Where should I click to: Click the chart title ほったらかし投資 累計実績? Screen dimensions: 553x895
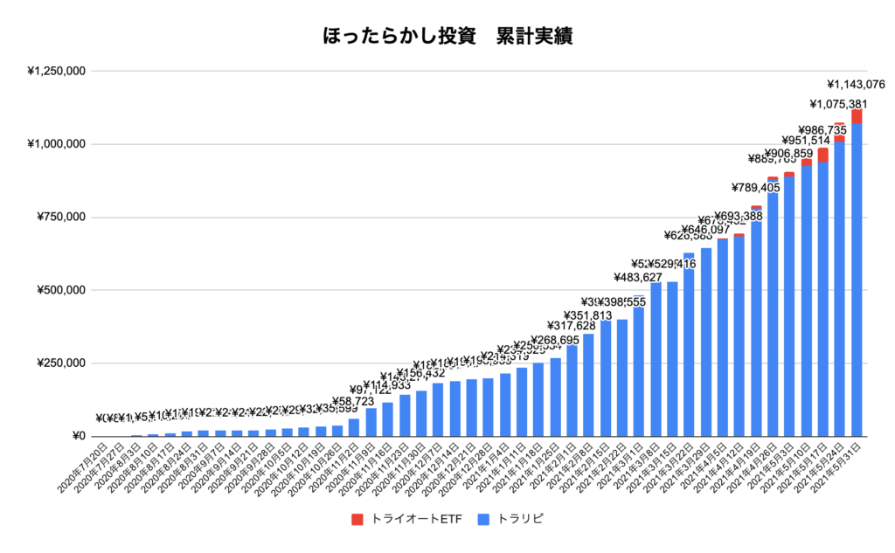[x=447, y=38]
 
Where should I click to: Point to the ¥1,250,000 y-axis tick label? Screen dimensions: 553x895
[x=56, y=71]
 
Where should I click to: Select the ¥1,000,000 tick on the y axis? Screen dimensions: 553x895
[x=56, y=144]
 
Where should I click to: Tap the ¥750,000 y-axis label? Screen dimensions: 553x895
[x=60, y=218]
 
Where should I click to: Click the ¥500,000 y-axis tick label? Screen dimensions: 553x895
[x=60, y=290]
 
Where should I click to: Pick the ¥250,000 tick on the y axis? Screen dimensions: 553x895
[x=60, y=363]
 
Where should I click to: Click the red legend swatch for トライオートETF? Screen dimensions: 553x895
[x=357, y=520]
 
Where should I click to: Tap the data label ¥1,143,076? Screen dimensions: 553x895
[x=857, y=85]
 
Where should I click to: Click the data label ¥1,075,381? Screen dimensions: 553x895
[x=839, y=106]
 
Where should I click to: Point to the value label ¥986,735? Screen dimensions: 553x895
[x=822, y=129]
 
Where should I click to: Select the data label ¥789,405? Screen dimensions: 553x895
[x=756, y=188]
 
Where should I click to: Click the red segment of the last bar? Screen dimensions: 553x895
[x=857, y=116]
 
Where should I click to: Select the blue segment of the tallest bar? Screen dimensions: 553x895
[x=857, y=280]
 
